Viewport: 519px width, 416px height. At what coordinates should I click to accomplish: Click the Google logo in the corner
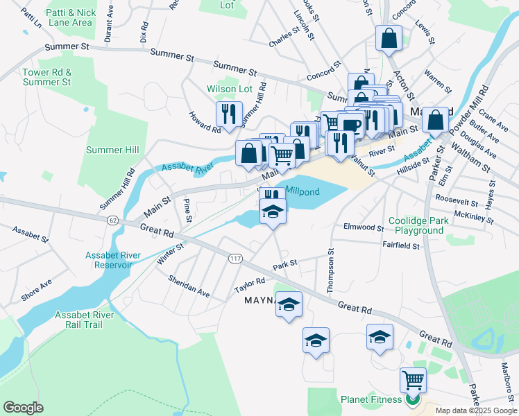(24, 408)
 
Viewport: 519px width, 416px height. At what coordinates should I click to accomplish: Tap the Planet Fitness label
(371, 399)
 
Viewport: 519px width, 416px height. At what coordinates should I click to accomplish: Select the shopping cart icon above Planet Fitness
(413, 380)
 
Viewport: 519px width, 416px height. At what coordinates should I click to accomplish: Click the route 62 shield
(112, 219)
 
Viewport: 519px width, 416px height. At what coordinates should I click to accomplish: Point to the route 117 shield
(235, 258)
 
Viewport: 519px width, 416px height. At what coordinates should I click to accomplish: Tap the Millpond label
(302, 190)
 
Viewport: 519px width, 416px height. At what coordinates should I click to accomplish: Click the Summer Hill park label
(112, 150)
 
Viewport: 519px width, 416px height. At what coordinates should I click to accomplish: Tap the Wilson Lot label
(229, 89)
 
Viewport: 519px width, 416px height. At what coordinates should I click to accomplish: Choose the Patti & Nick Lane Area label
(71, 17)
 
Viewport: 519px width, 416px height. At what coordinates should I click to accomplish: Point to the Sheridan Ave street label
(189, 286)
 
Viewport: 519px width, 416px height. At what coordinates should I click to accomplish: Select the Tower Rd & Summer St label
(46, 77)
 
